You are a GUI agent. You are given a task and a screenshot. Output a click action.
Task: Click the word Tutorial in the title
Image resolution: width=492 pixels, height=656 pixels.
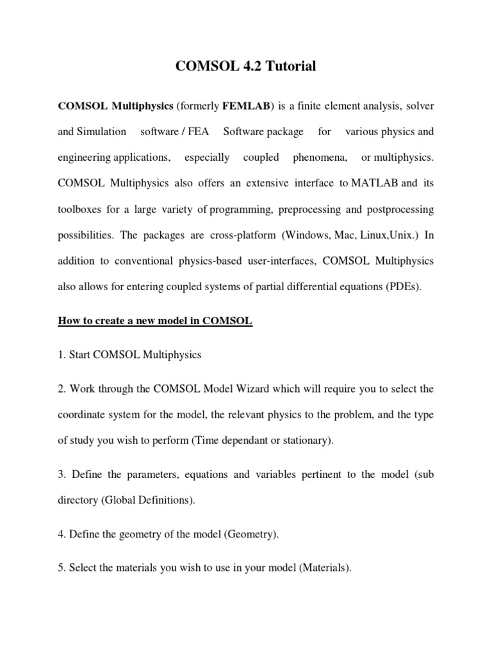[290, 66]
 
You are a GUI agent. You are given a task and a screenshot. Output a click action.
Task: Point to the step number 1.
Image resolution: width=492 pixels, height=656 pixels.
[61, 355]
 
